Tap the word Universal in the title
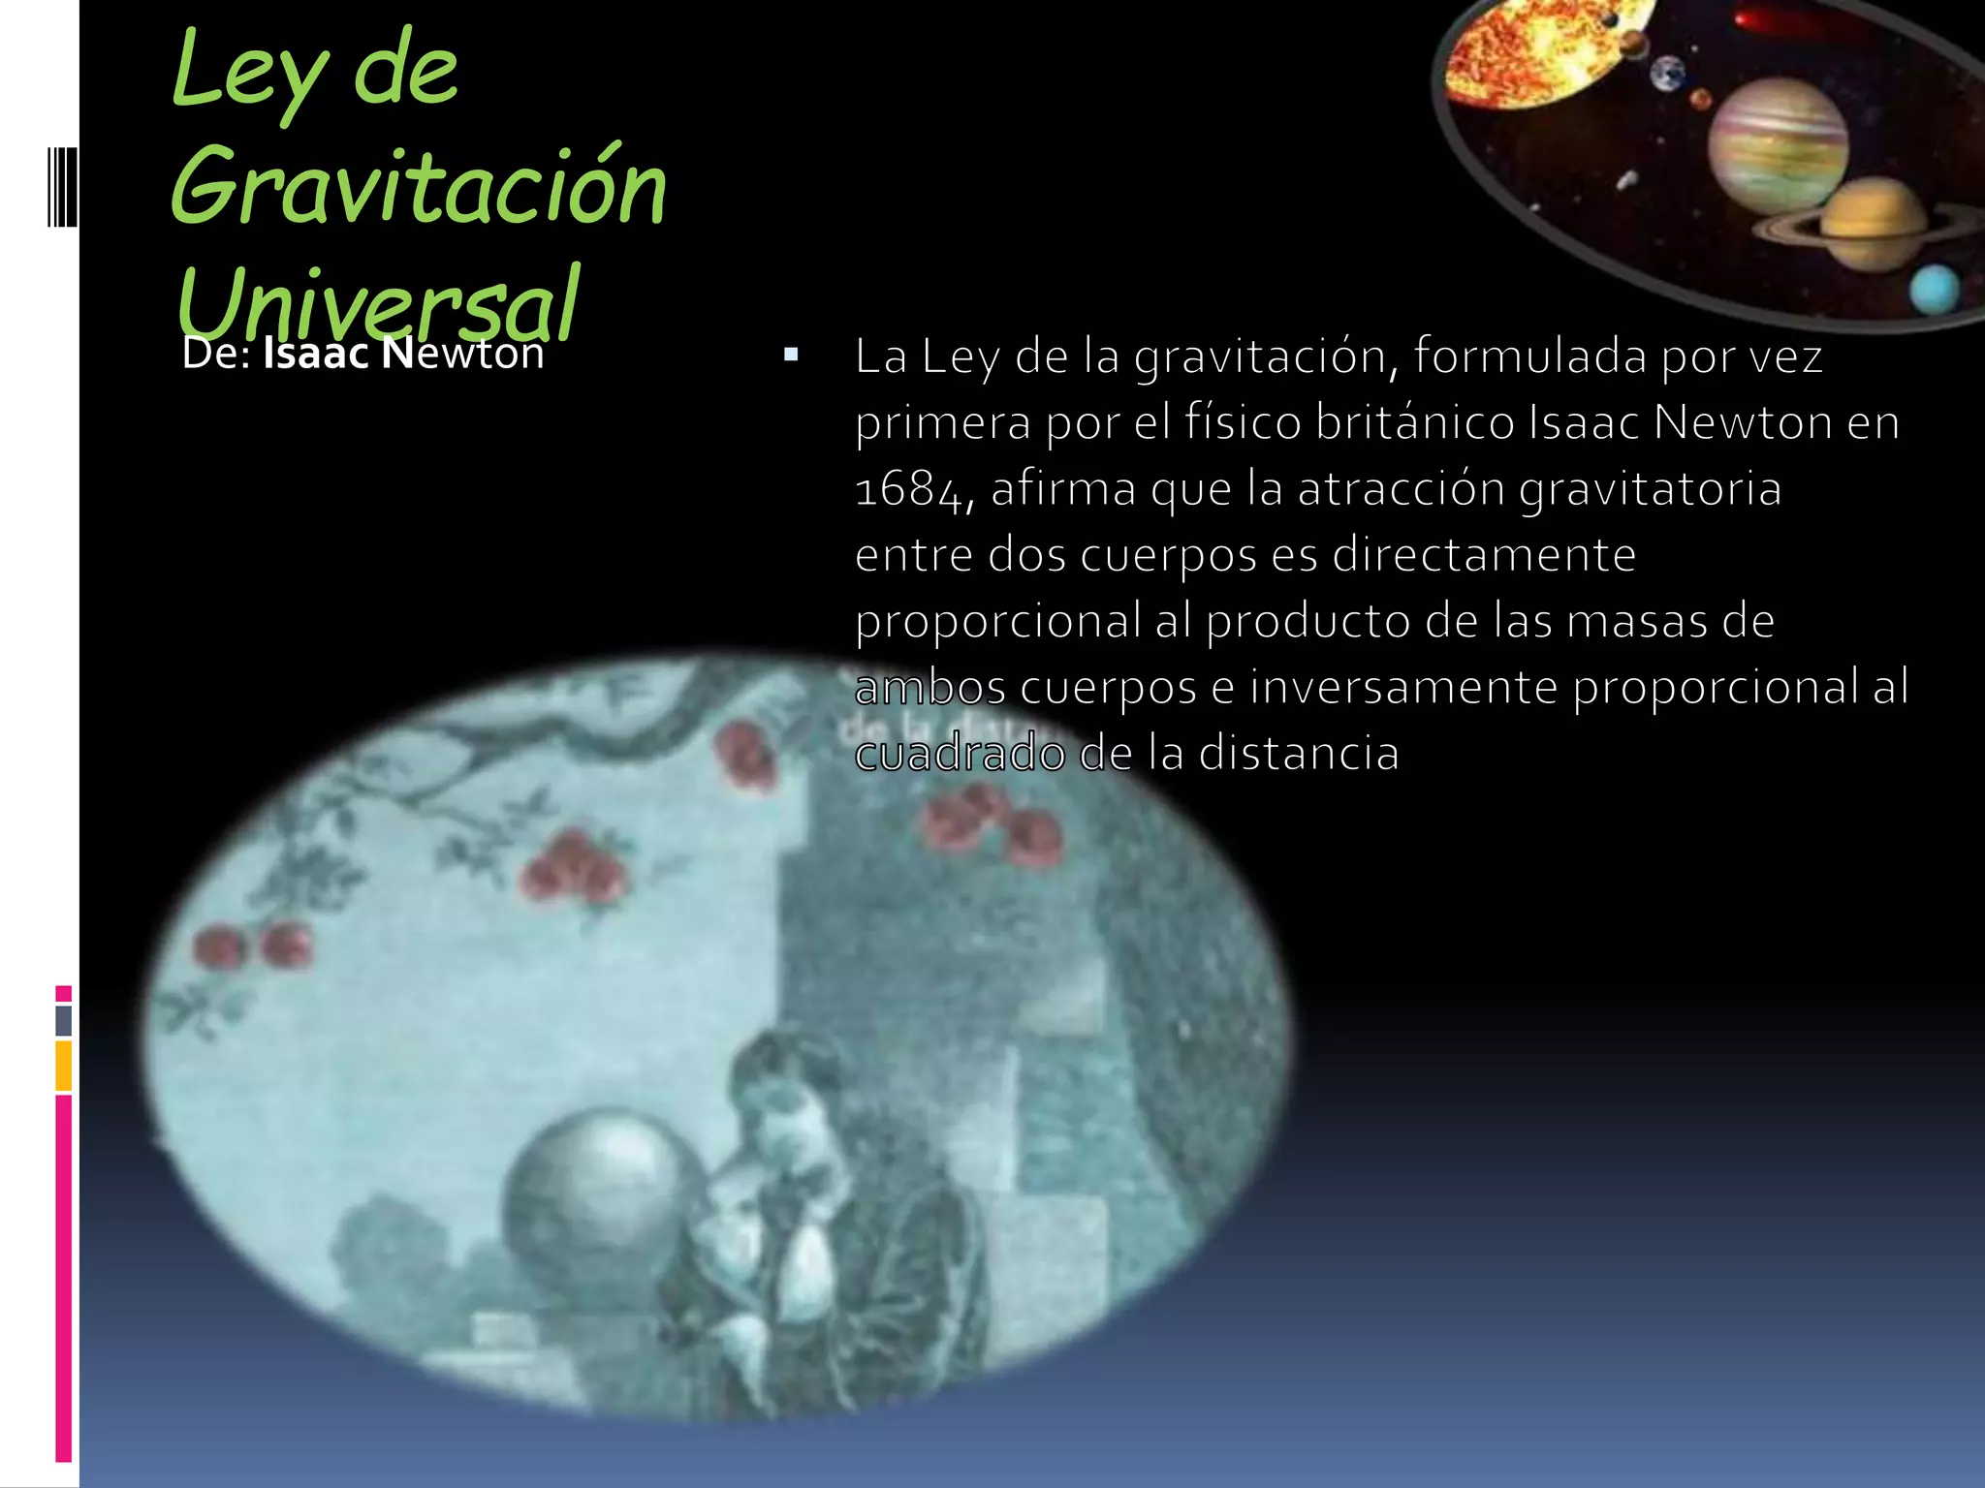coord(378,302)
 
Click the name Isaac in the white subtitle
coord(316,354)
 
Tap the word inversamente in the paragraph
coord(1403,687)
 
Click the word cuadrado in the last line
coord(960,754)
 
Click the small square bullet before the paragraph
coord(791,356)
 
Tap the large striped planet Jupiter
coord(1778,145)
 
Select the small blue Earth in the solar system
coord(1668,74)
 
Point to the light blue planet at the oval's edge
coord(1934,289)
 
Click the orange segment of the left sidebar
coord(64,1066)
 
